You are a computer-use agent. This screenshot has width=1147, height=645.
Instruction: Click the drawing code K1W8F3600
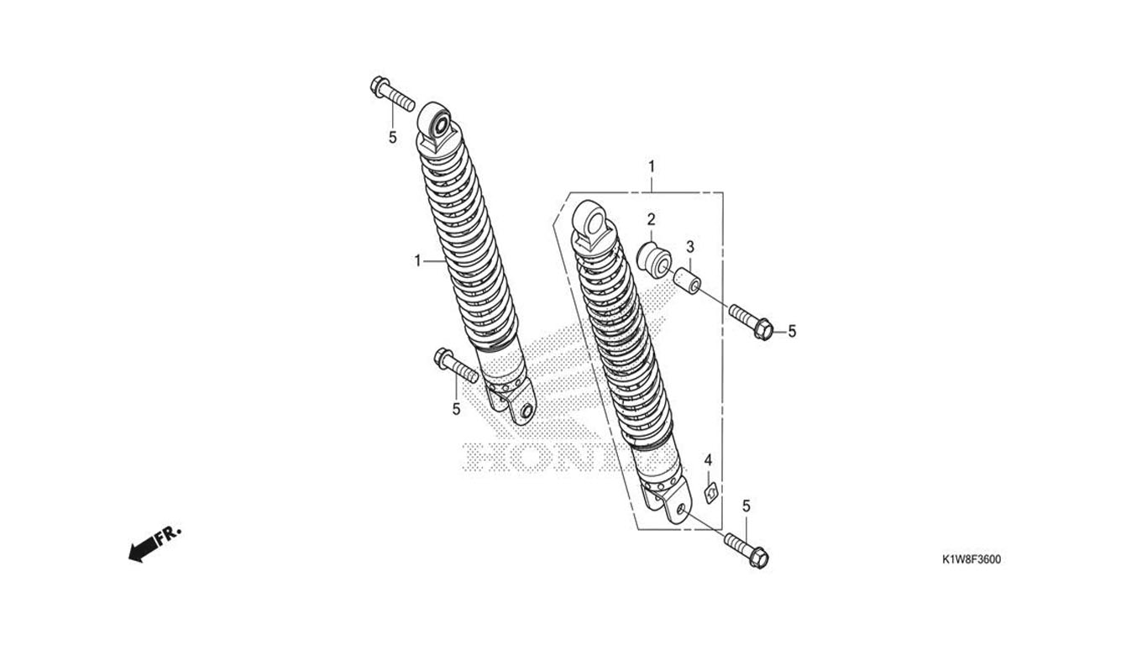point(970,560)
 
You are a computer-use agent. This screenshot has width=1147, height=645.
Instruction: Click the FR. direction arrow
point(155,543)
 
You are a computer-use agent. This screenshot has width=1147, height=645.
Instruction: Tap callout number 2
point(651,219)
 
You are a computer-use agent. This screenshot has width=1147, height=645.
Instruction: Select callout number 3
point(690,247)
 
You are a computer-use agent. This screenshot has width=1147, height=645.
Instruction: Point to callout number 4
point(708,460)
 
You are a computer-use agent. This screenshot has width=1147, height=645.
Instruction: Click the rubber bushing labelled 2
point(653,258)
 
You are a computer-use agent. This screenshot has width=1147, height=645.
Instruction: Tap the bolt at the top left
point(391,93)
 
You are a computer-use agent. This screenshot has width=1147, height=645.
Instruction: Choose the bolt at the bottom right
point(748,550)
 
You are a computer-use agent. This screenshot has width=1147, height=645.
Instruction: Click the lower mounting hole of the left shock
point(526,411)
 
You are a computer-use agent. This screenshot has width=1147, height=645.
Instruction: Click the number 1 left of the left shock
point(417,261)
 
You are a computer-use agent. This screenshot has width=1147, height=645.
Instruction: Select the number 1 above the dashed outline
point(651,166)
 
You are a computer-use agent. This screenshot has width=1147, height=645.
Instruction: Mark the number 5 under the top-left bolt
point(392,137)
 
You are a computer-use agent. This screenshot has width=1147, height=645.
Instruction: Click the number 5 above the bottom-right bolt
point(746,506)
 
